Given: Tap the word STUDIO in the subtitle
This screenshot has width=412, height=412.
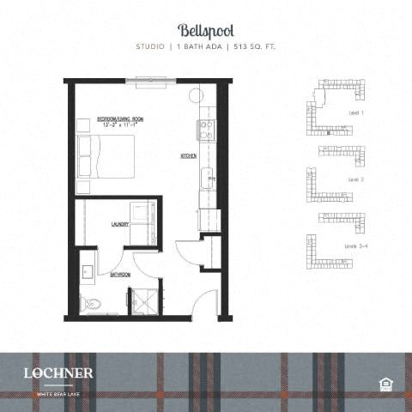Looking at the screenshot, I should click(152, 46).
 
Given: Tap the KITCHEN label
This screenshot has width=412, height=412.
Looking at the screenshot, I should click(189, 156).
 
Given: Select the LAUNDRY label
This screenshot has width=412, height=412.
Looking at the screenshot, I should click(119, 225).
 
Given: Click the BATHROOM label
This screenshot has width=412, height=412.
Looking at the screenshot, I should click(119, 274).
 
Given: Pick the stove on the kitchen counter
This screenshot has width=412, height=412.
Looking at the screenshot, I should click(207, 130).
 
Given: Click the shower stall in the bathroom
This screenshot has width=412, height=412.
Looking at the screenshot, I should click(142, 300).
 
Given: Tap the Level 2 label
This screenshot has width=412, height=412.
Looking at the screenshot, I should click(356, 179).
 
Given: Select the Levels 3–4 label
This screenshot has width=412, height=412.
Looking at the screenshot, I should click(356, 245).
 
